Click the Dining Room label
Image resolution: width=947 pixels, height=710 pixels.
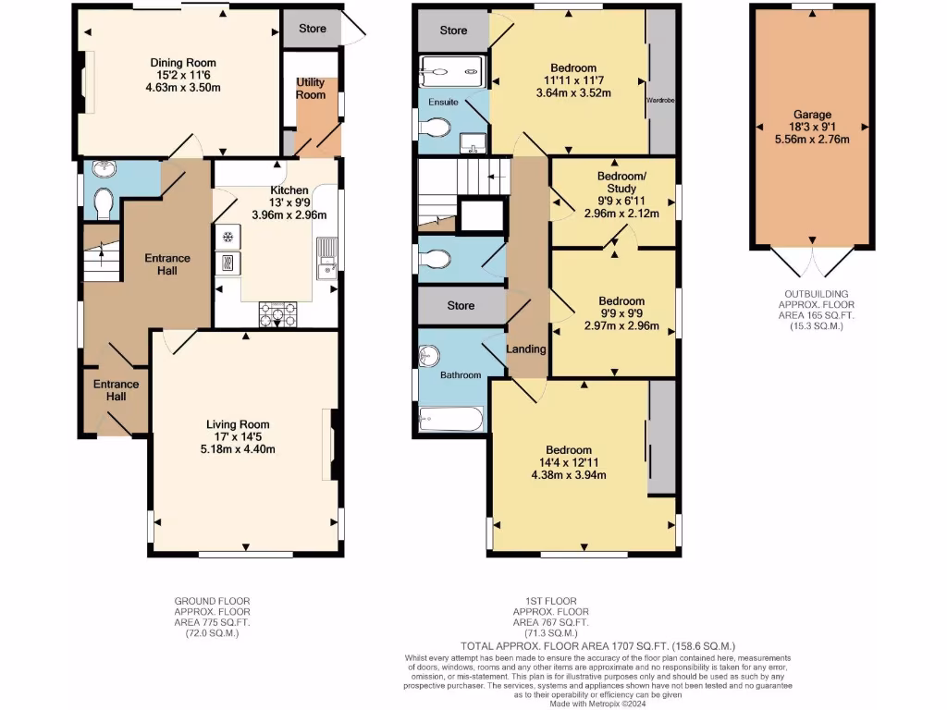(183, 63)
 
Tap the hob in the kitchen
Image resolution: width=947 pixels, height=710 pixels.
(277, 314)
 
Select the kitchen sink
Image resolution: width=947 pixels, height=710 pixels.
(326, 260)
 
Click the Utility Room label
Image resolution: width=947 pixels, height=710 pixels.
(311, 89)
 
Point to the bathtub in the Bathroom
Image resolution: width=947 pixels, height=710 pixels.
(450, 420)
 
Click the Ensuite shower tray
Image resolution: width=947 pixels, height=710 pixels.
(452, 70)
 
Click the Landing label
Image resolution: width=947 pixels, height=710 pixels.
(526, 349)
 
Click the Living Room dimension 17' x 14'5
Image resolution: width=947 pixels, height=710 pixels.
(240, 436)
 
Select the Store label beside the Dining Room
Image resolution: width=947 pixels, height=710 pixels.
(312, 29)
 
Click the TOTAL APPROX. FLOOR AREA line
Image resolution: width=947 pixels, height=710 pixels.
(597, 645)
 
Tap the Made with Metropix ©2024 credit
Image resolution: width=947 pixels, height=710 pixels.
(597, 704)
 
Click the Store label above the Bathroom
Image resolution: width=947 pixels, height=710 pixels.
(461, 305)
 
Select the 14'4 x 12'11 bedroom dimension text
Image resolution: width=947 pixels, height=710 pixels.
(583, 463)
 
